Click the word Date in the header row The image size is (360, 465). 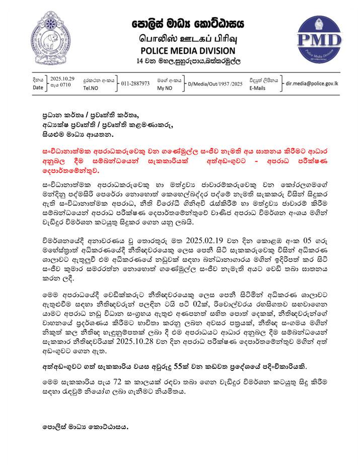click(x=38, y=88)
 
